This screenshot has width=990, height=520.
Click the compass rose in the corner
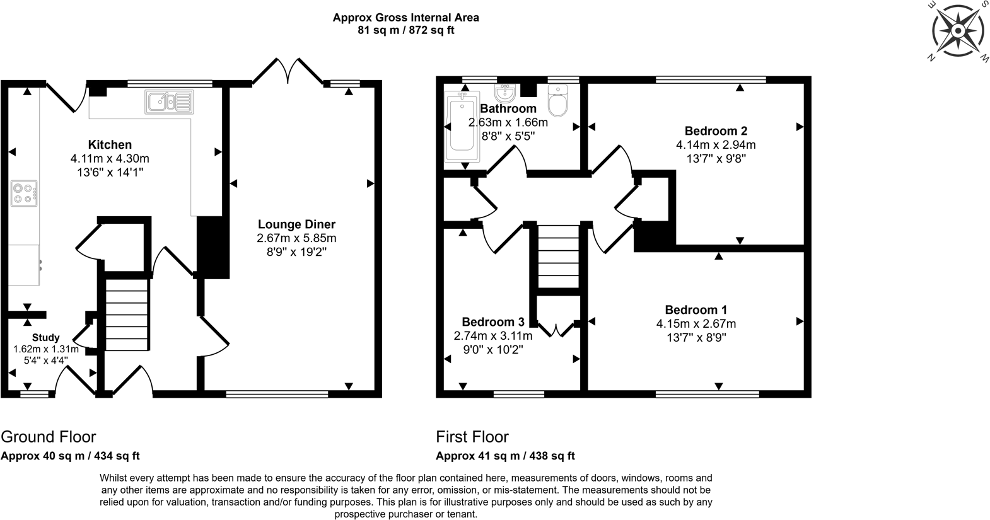[x=958, y=31]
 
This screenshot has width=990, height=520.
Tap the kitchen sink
[x=168, y=101]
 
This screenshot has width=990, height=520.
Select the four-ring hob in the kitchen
[x=24, y=193]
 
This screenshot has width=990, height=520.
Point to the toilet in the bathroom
[x=557, y=101]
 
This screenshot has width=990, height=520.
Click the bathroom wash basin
[x=506, y=94]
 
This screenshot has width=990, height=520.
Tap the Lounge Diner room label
[x=296, y=224]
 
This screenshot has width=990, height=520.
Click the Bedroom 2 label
[x=716, y=131]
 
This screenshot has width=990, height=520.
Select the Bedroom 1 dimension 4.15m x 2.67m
[x=696, y=324]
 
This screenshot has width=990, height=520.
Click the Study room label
[x=46, y=338]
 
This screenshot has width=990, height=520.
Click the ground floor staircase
[x=127, y=315]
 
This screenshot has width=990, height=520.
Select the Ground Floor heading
[x=49, y=437]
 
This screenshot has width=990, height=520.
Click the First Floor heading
[x=472, y=437]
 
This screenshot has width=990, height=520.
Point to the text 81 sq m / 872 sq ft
[x=405, y=30]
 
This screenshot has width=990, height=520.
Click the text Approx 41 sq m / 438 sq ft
[x=505, y=456]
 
